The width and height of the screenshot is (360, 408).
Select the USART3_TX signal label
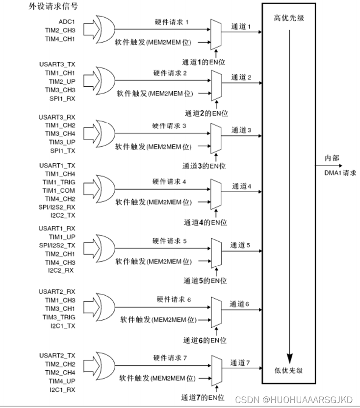(57, 63)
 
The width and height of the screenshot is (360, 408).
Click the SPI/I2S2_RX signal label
(57, 207)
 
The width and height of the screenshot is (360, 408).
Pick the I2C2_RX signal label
(62, 270)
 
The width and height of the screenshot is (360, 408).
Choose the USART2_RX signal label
(57, 291)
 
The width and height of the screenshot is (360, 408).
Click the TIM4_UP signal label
(62, 381)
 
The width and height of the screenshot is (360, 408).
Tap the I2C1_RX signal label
(62, 389)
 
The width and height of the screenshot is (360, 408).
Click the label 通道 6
(240, 304)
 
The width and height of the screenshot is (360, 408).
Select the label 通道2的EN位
(206, 113)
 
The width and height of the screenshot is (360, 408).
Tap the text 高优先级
(289, 18)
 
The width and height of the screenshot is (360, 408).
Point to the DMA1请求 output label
(340, 173)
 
